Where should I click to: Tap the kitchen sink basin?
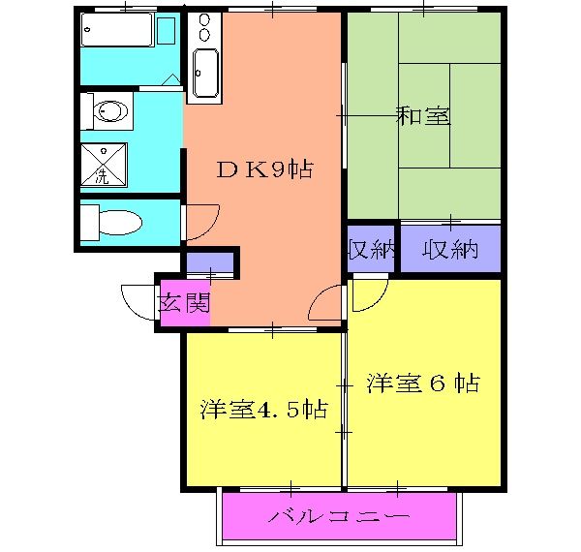(205, 76)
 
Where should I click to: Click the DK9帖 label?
(262, 168)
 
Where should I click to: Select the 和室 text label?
(423, 117)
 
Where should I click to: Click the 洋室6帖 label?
(423, 383)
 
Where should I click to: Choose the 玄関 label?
(184, 303)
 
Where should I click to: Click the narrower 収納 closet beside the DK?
(371, 249)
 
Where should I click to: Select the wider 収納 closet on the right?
(450, 249)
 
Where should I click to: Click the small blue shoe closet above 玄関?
(208, 261)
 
